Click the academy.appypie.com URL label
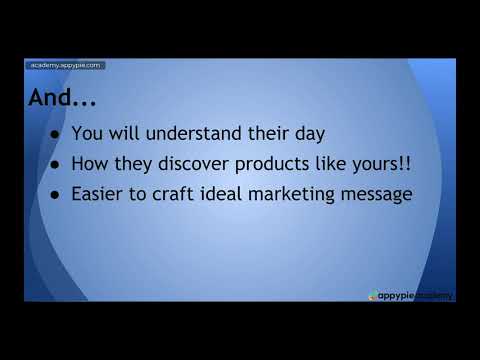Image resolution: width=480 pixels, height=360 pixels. [x=64, y=66]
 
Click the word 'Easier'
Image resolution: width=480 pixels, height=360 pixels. [x=99, y=195]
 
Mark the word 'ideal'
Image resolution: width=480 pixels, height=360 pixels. [x=231, y=195]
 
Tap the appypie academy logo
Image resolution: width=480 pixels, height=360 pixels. [x=410, y=295]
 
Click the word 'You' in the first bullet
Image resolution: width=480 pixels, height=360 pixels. [x=88, y=133]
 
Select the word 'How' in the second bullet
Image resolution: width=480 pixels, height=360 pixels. [x=90, y=164]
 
